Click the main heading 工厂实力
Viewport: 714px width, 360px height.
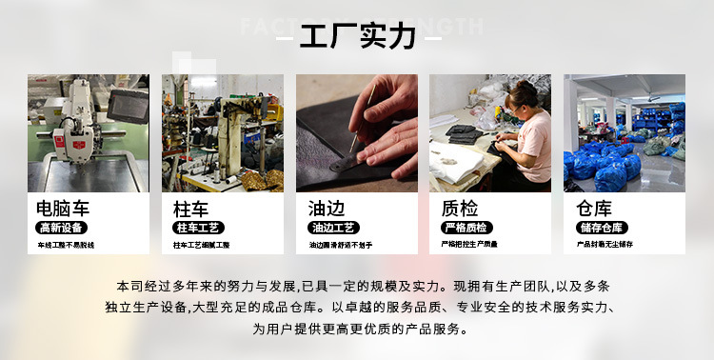pyautogui.click(x=357, y=37)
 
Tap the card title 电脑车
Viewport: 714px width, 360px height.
pyautogui.click(x=60, y=208)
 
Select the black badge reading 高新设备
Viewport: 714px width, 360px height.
pyautogui.click(x=61, y=228)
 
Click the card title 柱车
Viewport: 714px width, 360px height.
pyautogui.click(x=191, y=208)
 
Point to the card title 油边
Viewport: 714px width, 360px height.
pyautogui.click(x=327, y=208)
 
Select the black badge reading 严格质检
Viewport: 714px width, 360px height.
pyautogui.click(x=466, y=228)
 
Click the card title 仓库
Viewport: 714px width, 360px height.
pyautogui.click(x=594, y=208)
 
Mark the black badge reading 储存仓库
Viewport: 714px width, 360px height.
pyautogui.click(x=601, y=228)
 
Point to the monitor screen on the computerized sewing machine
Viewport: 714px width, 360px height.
pyautogui.click(x=126, y=105)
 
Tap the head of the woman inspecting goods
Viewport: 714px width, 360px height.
pyautogui.click(x=526, y=96)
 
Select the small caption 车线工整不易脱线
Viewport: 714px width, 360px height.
pyautogui.click(x=66, y=246)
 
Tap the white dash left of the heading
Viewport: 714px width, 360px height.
pyautogui.click(x=286, y=38)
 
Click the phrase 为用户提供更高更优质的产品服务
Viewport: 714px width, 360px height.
pyautogui.click(x=357, y=330)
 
